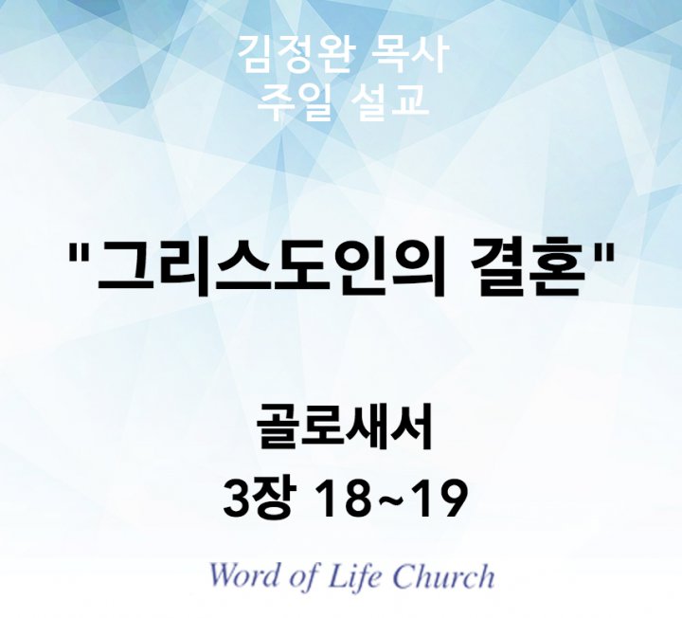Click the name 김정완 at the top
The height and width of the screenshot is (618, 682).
pos(295,54)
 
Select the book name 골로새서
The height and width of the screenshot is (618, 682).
pos(345,427)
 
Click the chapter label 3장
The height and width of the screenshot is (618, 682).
pos(260,498)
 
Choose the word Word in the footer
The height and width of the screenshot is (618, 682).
pos(247,575)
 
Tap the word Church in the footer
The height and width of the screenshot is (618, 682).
pos(442,575)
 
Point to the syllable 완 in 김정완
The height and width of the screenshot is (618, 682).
pos(333,54)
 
